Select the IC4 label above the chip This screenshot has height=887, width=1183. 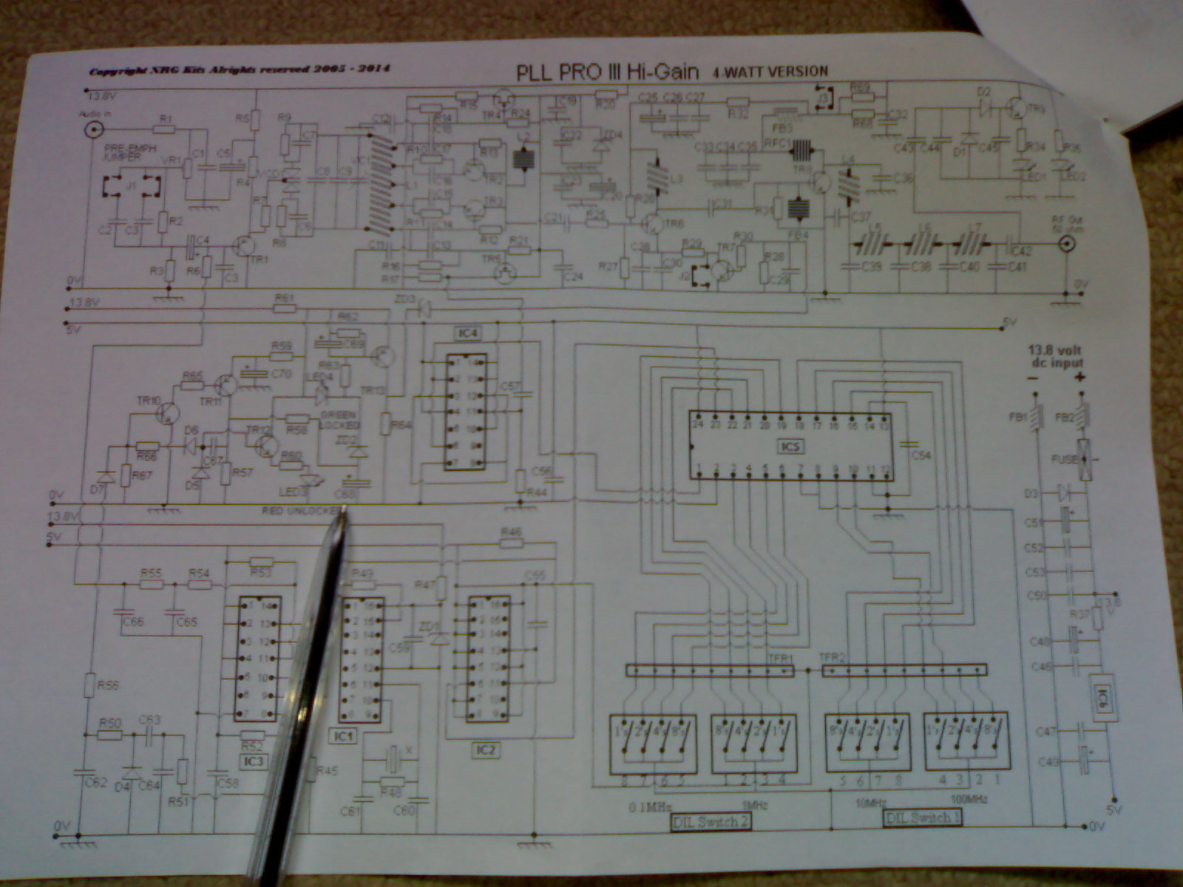coord(469,333)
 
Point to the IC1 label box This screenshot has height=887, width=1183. coord(345,735)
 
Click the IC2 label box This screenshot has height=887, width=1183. coord(485,750)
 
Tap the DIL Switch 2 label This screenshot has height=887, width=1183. coord(710,821)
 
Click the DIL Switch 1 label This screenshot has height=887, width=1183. coord(922,818)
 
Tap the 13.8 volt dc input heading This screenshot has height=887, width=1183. coord(1055,356)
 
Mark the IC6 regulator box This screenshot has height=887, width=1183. coord(1104,697)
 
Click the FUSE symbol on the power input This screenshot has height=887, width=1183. coord(1085,460)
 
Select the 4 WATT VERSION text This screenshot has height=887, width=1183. coord(770,72)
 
